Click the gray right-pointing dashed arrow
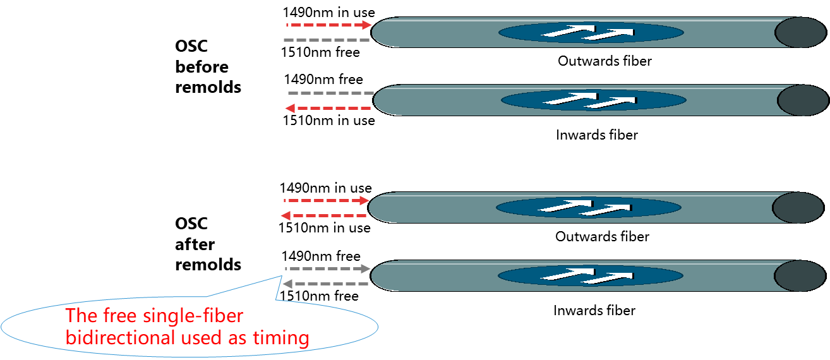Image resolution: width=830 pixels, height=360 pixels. [x=327, y=269]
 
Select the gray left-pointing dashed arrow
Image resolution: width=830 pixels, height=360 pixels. [x=325, y=284]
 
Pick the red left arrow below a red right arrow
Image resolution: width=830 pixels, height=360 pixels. [x=323, y=216]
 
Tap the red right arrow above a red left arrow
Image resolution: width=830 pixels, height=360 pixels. [x=327, y=201]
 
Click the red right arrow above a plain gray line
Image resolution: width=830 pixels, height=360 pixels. [x=328, y=25]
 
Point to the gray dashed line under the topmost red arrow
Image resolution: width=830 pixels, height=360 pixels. [x=327, y=40]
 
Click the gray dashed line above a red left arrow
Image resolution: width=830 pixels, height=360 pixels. [x=330, y=93]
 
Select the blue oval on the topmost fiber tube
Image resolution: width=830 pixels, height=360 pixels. [x=591, y=32]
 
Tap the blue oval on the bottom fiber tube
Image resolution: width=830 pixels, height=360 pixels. [x=590, y=276]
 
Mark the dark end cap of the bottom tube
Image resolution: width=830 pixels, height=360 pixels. [x=800, y=276]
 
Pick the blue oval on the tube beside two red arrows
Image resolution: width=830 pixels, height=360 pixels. [x=588, y=208]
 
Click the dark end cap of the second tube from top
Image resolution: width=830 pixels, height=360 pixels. [x=802, y=100]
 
